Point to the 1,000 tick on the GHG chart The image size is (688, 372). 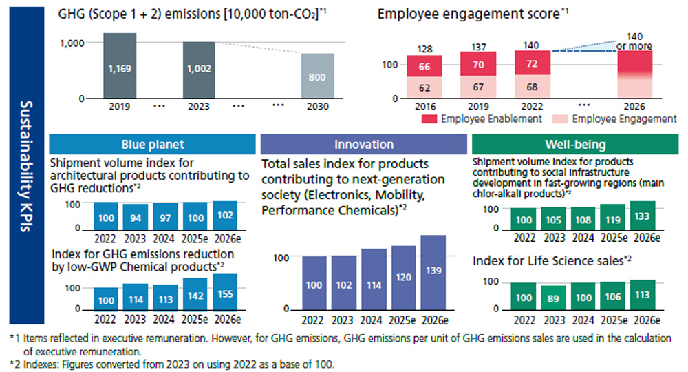(72, 43)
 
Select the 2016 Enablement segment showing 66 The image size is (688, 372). (424, 66)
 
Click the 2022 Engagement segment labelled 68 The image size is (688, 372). (532, 87)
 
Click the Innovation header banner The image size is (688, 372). (364, 144)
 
